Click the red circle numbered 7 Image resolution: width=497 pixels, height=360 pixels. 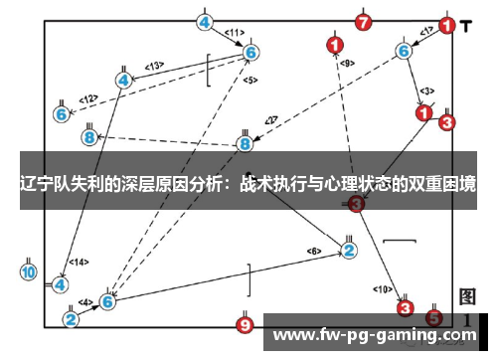click(364, 21)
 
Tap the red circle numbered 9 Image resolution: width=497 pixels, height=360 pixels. click(246, 324)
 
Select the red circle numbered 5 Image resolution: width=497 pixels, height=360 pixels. click(433, 318)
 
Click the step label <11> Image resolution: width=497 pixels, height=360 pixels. click(235, 33)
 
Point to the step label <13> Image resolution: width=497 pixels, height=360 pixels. click(154, 66)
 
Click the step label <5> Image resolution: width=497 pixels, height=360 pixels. click(249, 80)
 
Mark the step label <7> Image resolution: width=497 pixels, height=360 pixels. click(269, 121)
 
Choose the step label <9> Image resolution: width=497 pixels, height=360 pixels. click(347, 64)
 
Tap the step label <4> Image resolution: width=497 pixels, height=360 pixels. click(85, 302)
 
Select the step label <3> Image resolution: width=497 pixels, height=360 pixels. click(425, 91)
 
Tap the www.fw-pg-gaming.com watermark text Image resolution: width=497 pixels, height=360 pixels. click(375, 336)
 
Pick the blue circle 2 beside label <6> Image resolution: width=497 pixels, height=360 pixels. click(349, 250)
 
